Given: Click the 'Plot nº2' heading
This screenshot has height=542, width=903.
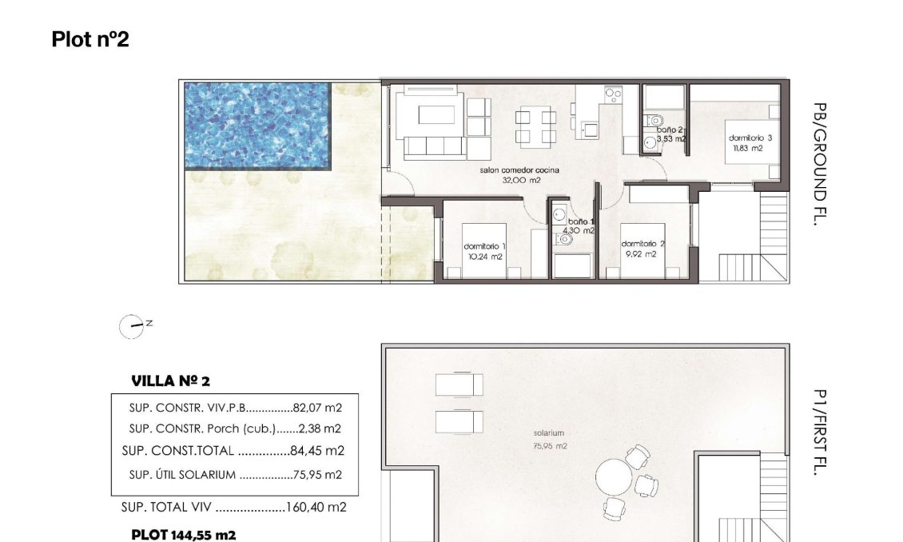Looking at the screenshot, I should point(90,39).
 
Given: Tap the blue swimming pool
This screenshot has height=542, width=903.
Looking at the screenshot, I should point(257,125).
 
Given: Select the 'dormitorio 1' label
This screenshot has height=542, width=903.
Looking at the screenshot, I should point(483,246).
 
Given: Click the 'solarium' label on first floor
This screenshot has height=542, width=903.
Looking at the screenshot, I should point(549,433).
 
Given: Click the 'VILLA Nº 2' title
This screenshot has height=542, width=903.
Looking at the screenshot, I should point(170,381).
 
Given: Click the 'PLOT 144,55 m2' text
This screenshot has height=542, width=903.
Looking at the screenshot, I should point(183,535).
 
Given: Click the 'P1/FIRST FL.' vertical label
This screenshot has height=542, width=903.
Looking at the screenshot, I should point(818,432).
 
